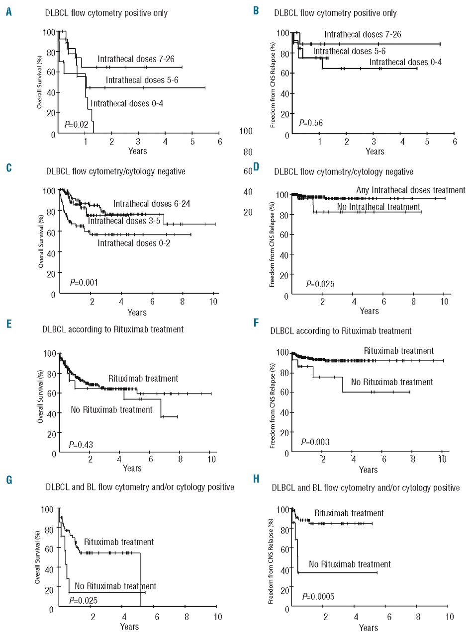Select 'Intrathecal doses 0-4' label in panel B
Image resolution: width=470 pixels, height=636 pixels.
(x=405, y=62)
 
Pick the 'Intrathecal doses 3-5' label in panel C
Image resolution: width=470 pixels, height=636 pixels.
(x=123, y=221)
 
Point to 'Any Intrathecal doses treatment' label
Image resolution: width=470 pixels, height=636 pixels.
(x=411, y=190)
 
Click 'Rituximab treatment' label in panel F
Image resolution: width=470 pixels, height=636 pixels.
(x=399, y=350)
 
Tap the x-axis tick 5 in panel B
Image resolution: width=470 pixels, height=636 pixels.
(x=427, y=142)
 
